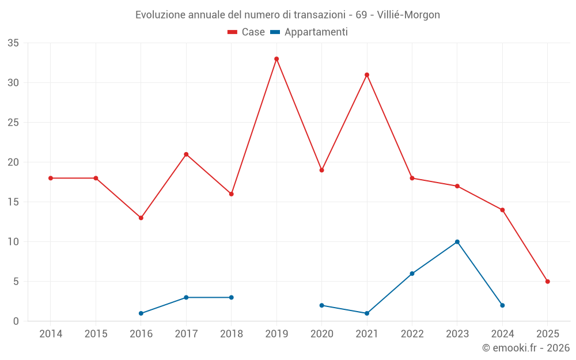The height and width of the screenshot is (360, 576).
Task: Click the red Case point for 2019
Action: click(x=276, y=59)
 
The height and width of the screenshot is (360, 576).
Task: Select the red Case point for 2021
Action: click(x=367, y=75)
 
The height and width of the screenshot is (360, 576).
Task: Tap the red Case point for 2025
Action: click(x=547, y=282)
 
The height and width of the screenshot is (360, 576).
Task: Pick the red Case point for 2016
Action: click(x=141, y=218)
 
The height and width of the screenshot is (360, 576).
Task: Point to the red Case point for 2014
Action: click(x=51, y=178)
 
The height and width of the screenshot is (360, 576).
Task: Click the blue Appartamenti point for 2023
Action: click(x=457, y=242)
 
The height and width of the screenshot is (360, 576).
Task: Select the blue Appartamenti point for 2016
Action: click(x=141, y=313)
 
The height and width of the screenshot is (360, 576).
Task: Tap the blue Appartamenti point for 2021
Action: click(x=367, y=313)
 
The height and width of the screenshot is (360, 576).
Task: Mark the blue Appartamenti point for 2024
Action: click(x=502, y=305)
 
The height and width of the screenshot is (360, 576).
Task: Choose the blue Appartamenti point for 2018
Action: click(x=232, y=297)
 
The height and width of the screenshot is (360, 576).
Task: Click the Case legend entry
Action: click(x=247, y=32)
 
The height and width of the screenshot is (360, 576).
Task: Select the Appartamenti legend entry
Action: click(x=309, y=32)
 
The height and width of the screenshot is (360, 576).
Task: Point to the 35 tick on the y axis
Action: click(x=13, y=43)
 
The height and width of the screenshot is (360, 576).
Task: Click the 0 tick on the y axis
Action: click(x=16, y=321)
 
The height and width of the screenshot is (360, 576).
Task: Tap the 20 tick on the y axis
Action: click(x=13, y=162)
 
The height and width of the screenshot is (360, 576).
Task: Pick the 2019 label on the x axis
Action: click(x=276, y=334)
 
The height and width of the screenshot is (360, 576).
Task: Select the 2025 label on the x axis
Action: click(x=547, y=334)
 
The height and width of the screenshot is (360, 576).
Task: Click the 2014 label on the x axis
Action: click(x=51, y=334)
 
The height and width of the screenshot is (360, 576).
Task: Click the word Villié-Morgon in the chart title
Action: click(x=408, y=15)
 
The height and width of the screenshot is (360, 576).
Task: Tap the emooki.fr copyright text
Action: click(x=526, y=348)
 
